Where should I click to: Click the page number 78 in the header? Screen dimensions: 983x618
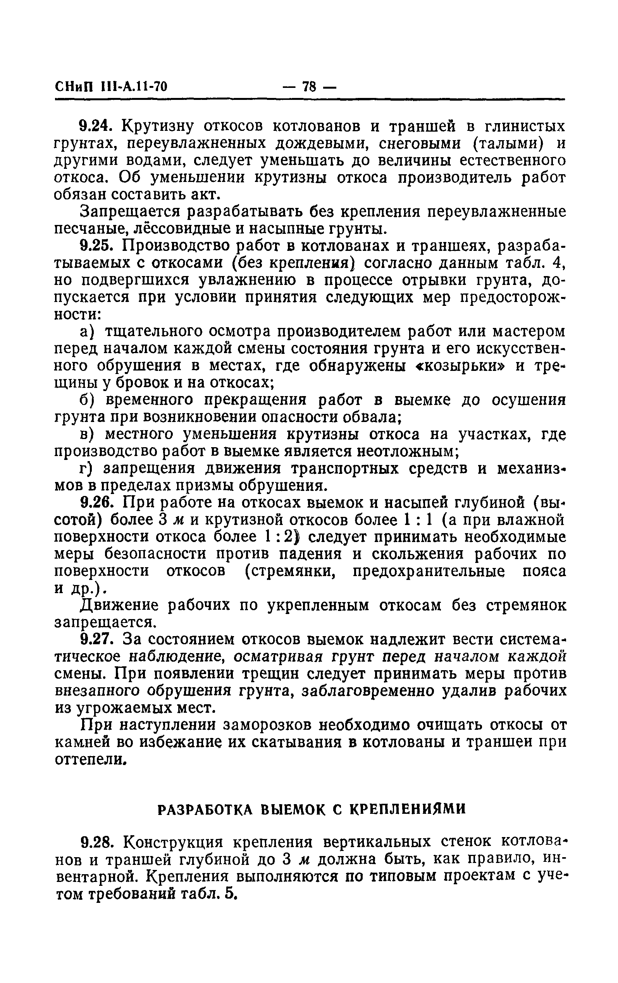(x=309, y=87)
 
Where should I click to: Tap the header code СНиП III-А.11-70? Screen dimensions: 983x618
(x=111, y=87)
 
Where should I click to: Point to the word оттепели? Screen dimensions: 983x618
(x=88, y=760)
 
